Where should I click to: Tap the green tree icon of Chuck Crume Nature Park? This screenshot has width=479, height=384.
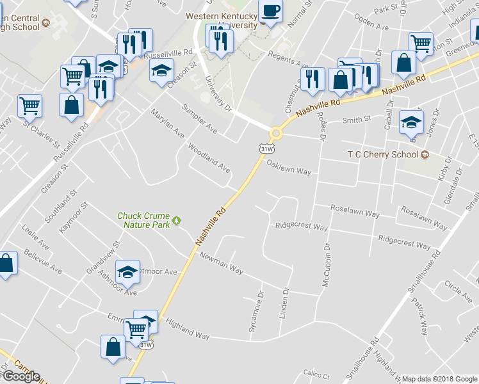pyautogui.click(x=177, y=221)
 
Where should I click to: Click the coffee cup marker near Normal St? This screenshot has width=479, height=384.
pyautogui.click(x=270, y=11)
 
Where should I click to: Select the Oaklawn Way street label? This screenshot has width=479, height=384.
pyautogui.click(x=289, y=171)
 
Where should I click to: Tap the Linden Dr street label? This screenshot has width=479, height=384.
pyautogui.click(x=286, y=300)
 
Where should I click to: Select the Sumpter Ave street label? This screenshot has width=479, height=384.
pyautogui.click(x=199, y=119)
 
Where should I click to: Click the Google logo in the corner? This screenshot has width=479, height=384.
pyautogui.click(x=20, y=376)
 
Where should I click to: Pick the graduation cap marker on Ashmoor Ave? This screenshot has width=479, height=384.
pyautogui.click(x=129, y=273)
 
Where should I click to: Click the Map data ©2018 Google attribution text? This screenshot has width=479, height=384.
pyautogui.click(x=439, y=379)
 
